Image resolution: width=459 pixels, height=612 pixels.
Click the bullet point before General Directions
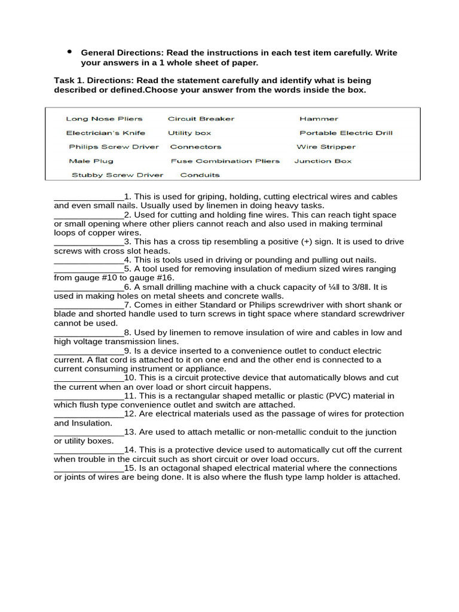70,52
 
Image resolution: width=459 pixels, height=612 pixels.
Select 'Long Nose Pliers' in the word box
96,119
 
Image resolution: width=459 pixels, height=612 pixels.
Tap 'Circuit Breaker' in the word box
201,119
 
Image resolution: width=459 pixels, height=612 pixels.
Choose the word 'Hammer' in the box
319,119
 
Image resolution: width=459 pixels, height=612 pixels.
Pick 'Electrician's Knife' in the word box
105,133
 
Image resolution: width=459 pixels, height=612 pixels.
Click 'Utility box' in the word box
189,133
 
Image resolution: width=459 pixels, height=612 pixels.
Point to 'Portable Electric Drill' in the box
346,133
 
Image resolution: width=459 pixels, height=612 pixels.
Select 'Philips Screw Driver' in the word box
114,147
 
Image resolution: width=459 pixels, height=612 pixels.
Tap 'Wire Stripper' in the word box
326,147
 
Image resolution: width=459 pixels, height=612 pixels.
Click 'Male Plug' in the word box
91,161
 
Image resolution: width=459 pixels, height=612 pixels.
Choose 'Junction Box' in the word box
323,161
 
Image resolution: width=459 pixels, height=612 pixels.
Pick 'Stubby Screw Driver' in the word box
117,175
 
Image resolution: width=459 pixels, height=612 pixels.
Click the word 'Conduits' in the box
200,175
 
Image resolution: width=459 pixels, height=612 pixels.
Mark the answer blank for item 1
88,198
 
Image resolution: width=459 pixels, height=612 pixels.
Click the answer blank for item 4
88,261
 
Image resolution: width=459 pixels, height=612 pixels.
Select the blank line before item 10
88,379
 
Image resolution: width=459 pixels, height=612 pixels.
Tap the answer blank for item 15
88,469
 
